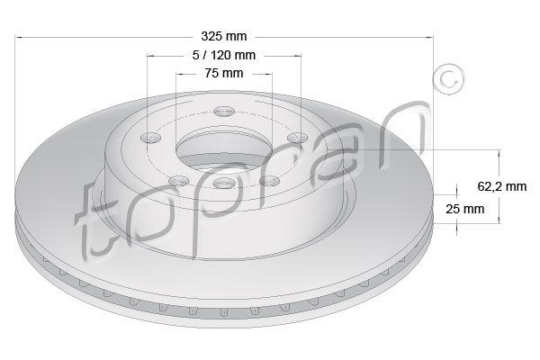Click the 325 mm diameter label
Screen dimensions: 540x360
point(224,36)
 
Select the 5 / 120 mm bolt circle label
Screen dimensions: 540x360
point(224,55)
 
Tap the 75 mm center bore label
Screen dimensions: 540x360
point(224,73)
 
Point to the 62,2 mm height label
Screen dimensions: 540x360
point(502,186)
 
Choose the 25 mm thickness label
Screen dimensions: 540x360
point(465,209)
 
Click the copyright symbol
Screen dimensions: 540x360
point(448,79)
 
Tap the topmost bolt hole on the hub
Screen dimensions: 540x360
point(224,112)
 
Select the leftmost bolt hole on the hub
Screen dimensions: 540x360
point(151,138)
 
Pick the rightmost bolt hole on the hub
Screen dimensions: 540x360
point(297,138)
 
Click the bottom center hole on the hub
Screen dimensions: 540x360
point(223,183)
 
